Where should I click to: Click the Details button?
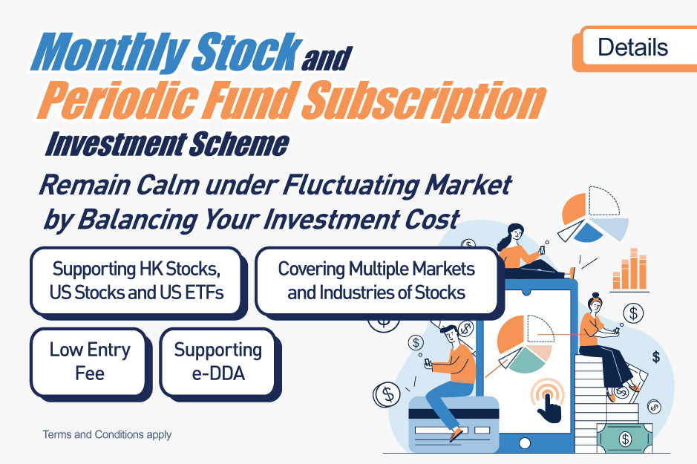(635, 48)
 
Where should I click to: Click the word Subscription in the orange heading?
(425, 100)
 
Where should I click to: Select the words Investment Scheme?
(167, 145)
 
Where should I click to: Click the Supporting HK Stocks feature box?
(138, 282)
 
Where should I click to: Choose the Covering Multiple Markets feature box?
(379, 282)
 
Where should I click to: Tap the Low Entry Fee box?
(91, 363)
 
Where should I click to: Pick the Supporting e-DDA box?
(220, 363)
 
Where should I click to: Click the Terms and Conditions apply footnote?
(107, 434)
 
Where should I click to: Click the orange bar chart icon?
(630, 269)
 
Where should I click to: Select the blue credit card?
(454, 424)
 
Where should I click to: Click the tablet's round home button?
(525, 443)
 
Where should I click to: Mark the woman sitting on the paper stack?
(606, 347)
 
